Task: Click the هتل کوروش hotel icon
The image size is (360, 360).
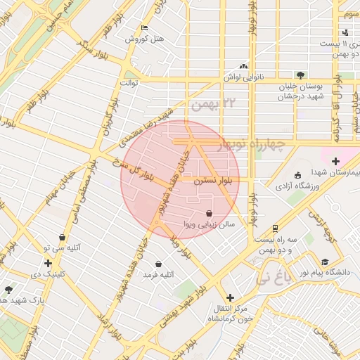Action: [145, 28]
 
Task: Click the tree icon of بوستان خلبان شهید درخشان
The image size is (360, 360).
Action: [300, 75]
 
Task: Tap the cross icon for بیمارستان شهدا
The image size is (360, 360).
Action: [335, 161]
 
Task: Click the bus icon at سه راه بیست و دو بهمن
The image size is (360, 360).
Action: [274, 228]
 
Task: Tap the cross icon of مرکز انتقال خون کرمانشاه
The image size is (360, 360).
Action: [230, 297]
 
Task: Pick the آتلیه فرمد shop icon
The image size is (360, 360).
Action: [158, 264]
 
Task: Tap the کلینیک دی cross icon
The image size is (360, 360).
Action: [47, 263]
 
